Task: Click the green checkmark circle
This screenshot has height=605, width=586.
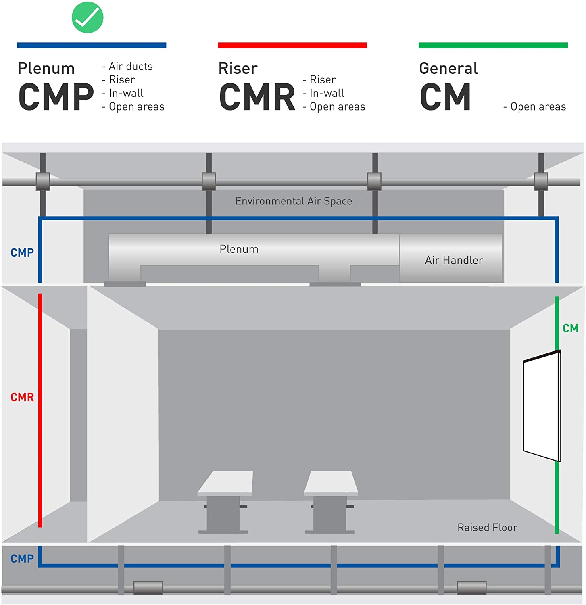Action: (x=88, y=18)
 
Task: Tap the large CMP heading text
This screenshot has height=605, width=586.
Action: (x=56, y=97)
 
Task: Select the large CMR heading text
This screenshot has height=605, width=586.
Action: (x=257, y=97)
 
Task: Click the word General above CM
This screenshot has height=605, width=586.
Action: (x=448, y=68)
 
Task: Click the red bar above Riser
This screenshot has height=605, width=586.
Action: (x=292, y=45)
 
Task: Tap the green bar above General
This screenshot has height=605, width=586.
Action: (x=493, y=45)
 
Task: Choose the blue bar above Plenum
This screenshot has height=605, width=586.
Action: (x=92, y=45)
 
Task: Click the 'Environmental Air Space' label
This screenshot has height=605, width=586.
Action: (x=294, y=201)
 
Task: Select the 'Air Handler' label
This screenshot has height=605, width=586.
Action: (x=454, y=260)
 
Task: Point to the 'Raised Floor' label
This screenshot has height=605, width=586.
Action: (x=487, y=527)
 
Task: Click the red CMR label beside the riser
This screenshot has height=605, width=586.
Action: (x=22, y=397)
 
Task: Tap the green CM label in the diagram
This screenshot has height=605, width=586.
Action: (x=570, y=328)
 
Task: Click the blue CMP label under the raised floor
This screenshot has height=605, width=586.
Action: (x=22, y=559)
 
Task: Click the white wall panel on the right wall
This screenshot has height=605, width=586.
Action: (x=542, y=405)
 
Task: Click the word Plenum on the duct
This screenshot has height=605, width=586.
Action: (x=239, y=249)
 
